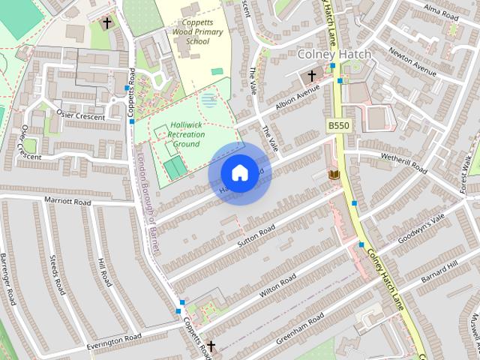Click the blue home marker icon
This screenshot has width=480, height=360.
click(239, 172)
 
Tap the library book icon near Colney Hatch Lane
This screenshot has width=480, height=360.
click(334, 175)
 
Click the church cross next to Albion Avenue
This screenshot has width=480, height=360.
click(312, 76)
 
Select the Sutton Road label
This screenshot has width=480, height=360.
click(256, 235)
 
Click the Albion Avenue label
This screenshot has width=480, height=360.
click(297, 98)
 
